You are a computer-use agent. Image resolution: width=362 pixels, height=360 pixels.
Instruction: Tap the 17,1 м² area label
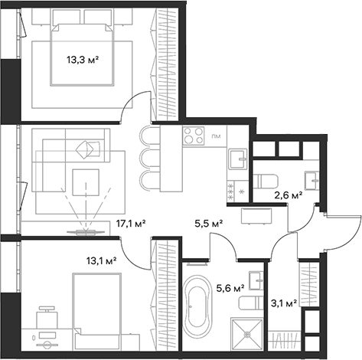click(x=130, y=224)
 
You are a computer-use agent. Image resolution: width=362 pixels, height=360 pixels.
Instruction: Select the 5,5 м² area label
click(x=207, y=224)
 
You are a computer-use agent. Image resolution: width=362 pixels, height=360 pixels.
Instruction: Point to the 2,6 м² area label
click(x=288, y=195)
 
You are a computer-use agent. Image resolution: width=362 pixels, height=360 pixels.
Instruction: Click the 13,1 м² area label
click(x=100, y=260)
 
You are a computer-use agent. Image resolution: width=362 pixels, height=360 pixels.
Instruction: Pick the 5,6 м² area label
click(x=230, y=288)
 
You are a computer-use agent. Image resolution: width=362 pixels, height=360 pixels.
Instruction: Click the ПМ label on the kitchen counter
click(x=217, y=137)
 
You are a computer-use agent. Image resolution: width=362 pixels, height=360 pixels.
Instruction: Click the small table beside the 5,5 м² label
click(x=256, y=216)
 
